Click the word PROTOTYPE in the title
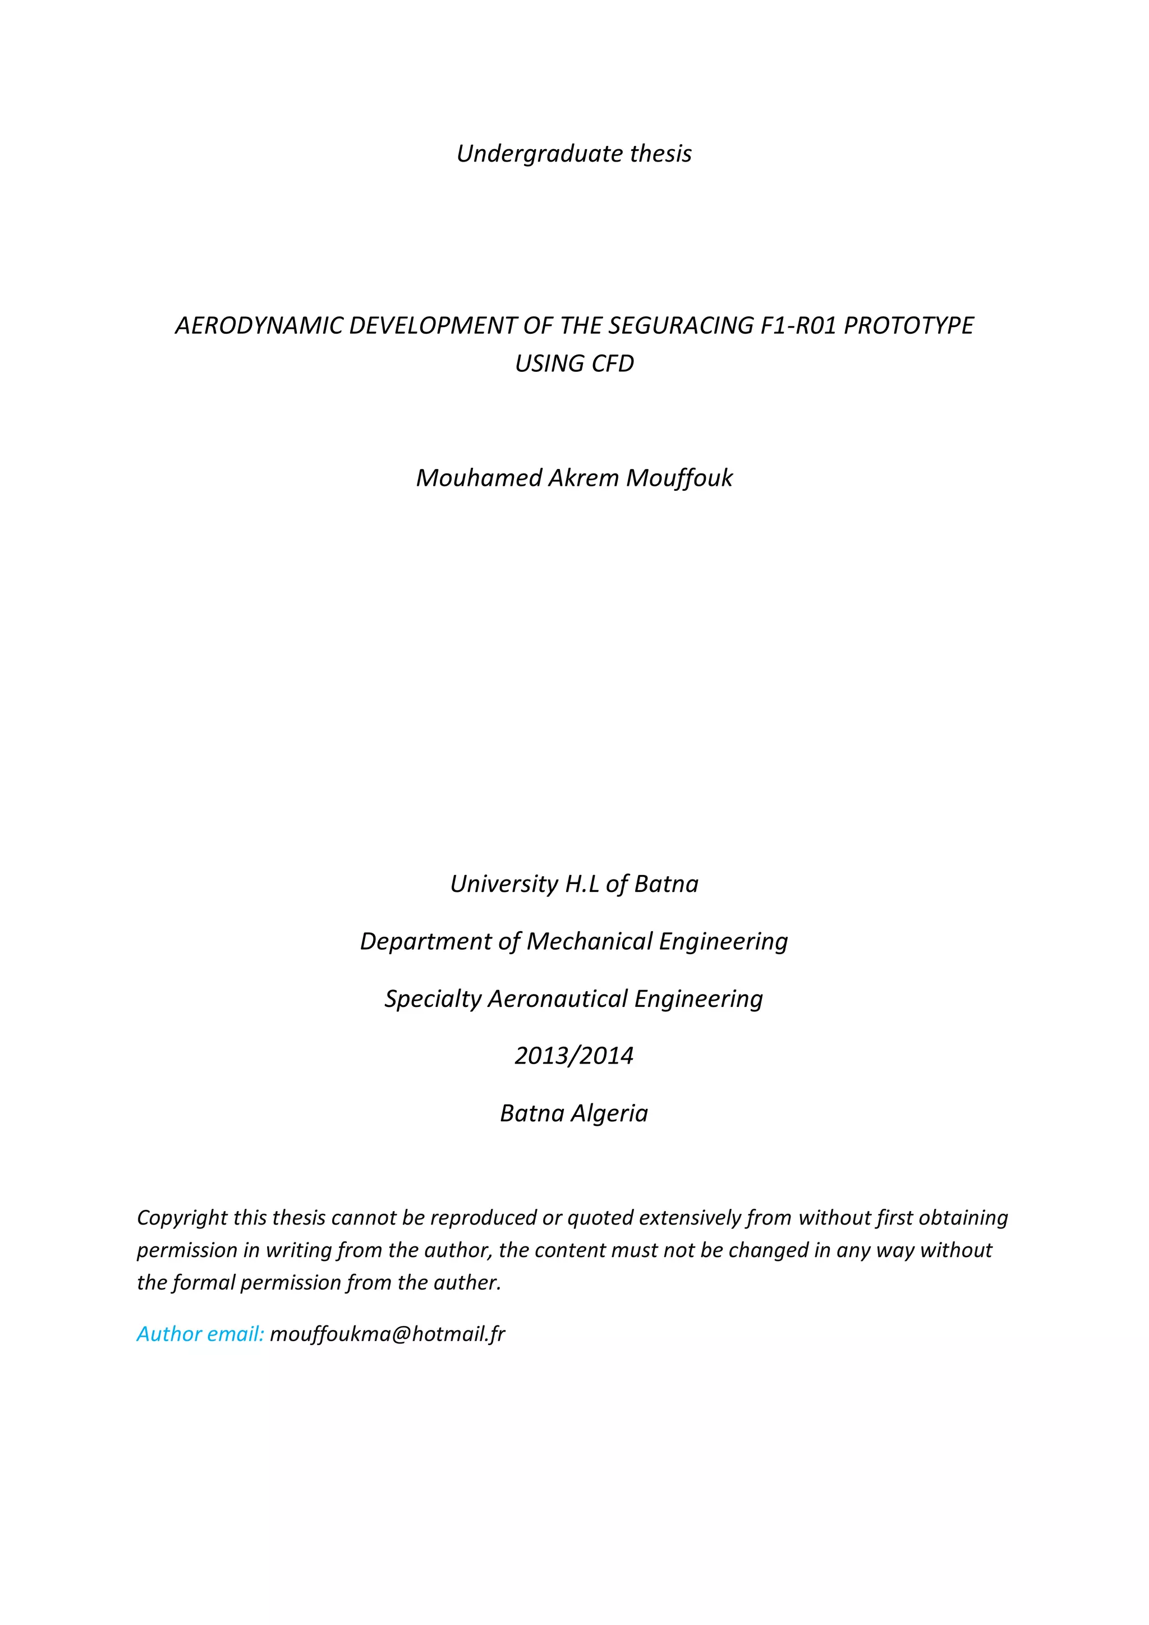[908, 325]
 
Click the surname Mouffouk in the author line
[679, 478]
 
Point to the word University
[504, 884]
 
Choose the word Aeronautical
[558, 998]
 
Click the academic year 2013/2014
[574, 1056]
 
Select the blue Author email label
[200, 1334]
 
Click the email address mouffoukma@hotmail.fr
[387, 1334]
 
